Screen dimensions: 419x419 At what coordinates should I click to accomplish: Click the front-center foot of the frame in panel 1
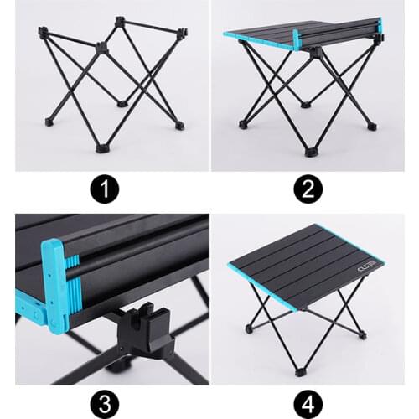(x=102, y=147)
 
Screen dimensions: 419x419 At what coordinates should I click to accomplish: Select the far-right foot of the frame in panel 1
(x=179, y=126)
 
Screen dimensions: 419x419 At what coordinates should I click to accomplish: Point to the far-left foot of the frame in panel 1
(x=48, y=122)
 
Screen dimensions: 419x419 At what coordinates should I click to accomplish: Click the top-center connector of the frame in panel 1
(x=102, y=49)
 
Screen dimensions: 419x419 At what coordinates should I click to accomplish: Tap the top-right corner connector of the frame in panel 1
(x=183, y=33)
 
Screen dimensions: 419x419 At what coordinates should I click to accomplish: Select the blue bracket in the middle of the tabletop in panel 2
(x=297, y=39)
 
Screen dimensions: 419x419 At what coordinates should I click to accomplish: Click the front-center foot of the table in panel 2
(x=311, y=153)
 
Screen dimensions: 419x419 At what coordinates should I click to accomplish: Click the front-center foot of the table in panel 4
(x=299, y=370)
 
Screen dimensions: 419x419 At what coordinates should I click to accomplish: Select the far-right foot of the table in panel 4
(x=362, y=335)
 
